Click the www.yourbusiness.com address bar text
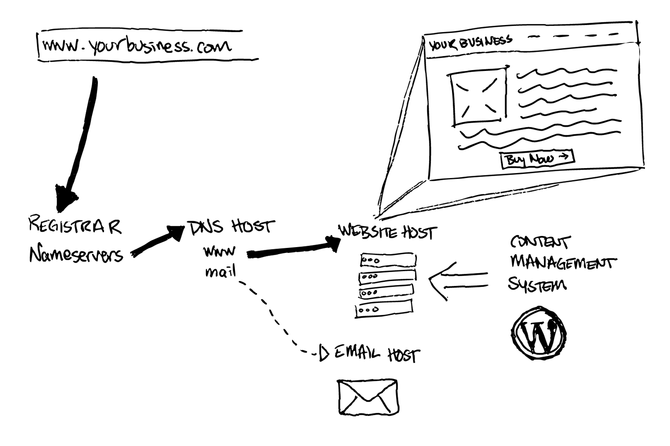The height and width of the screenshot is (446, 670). click(136, 46)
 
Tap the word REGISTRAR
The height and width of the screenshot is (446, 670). click(75, 226)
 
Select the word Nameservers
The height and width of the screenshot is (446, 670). click(76, 255)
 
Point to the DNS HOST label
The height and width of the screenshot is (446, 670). click(230, 227)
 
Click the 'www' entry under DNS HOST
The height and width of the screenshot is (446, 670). click(219, 252)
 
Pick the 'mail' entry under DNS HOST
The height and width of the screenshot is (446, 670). click(220, 271)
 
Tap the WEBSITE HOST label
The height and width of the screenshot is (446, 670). click(387, 232)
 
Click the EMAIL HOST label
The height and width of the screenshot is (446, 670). click(375, 354)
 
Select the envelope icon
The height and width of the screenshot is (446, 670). click(368, 396)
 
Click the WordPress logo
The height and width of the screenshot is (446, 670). click(538, 333)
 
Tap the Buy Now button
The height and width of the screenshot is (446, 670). click(537, 159)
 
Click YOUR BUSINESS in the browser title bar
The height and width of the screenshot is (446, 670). click(470, 43)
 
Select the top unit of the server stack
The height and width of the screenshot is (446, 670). click(388, 260)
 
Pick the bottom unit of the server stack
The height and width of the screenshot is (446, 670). click(384, 309)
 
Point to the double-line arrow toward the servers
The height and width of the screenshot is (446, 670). click(458, 280)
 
